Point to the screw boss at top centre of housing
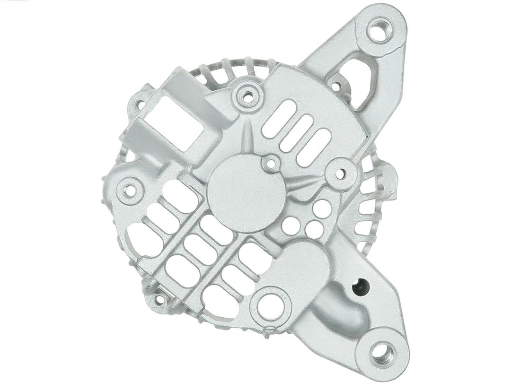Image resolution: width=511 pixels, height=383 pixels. pos(246,97)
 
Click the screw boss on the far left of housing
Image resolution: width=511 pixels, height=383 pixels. pos(129,190)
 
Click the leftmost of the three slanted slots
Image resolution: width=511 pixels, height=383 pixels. pos(278,120)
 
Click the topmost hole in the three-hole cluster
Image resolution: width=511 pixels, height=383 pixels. pos(322,209)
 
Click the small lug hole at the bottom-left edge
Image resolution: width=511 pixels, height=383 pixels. pos(159,299)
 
